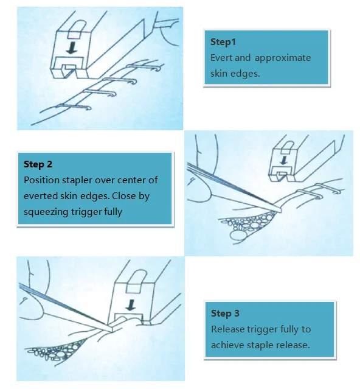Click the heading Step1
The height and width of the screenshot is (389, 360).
tap(223, 42)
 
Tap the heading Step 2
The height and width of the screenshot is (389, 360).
tap(38, 164)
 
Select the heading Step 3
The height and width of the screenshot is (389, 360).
tap(225, 314)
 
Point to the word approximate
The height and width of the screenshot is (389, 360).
tap(282, 58)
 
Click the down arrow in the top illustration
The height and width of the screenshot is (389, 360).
tap(72, 47)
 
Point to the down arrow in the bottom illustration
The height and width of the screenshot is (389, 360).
tap(130, 305)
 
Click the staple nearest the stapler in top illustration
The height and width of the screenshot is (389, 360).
tap(145, 67)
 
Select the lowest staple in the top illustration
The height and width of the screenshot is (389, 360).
tap(74, 107)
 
